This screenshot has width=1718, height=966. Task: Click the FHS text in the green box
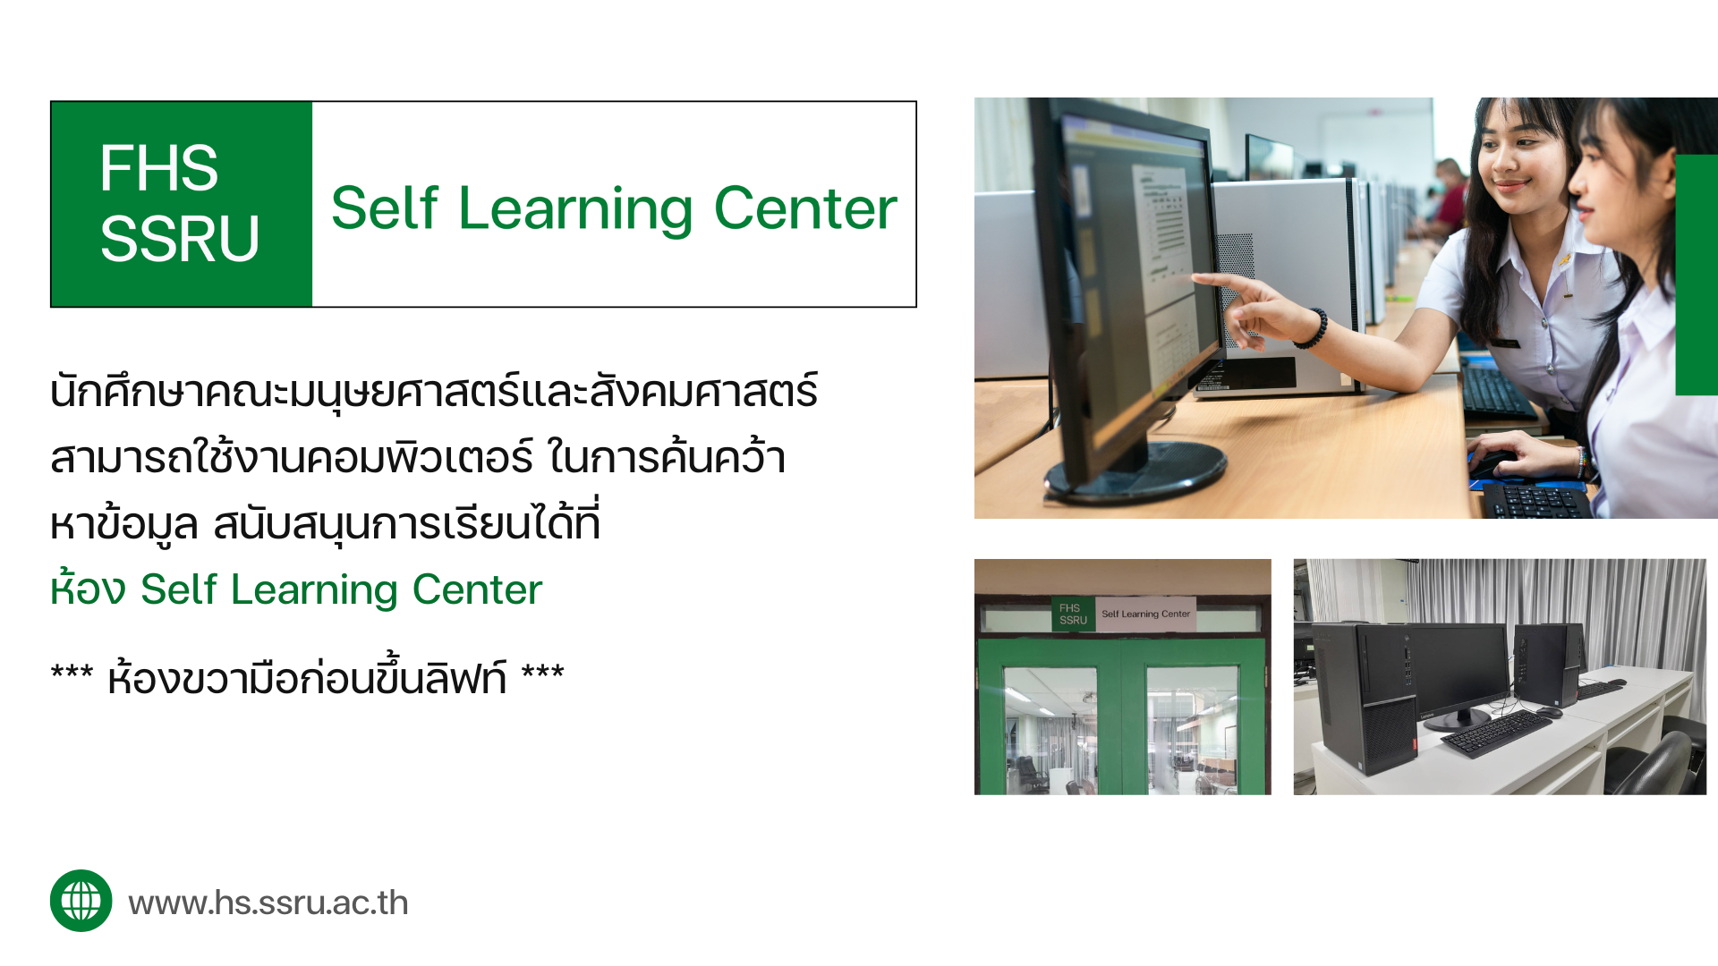158,168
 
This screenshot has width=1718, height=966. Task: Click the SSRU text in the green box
179,239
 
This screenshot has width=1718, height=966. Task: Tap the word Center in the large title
805,208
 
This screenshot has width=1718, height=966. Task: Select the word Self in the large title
385,208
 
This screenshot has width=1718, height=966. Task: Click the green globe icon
81,901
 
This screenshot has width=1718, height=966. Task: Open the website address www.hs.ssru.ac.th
268,902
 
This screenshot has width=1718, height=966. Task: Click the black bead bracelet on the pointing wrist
1313,328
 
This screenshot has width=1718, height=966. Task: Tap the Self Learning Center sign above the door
1146,614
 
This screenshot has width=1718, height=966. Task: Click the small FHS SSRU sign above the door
1073,614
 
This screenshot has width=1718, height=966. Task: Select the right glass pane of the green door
1193,730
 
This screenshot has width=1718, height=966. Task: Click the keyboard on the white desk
1496,733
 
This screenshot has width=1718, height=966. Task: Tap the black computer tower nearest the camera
1365,698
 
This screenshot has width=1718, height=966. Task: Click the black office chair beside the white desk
1655,760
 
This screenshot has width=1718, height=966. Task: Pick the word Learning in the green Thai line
314,592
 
